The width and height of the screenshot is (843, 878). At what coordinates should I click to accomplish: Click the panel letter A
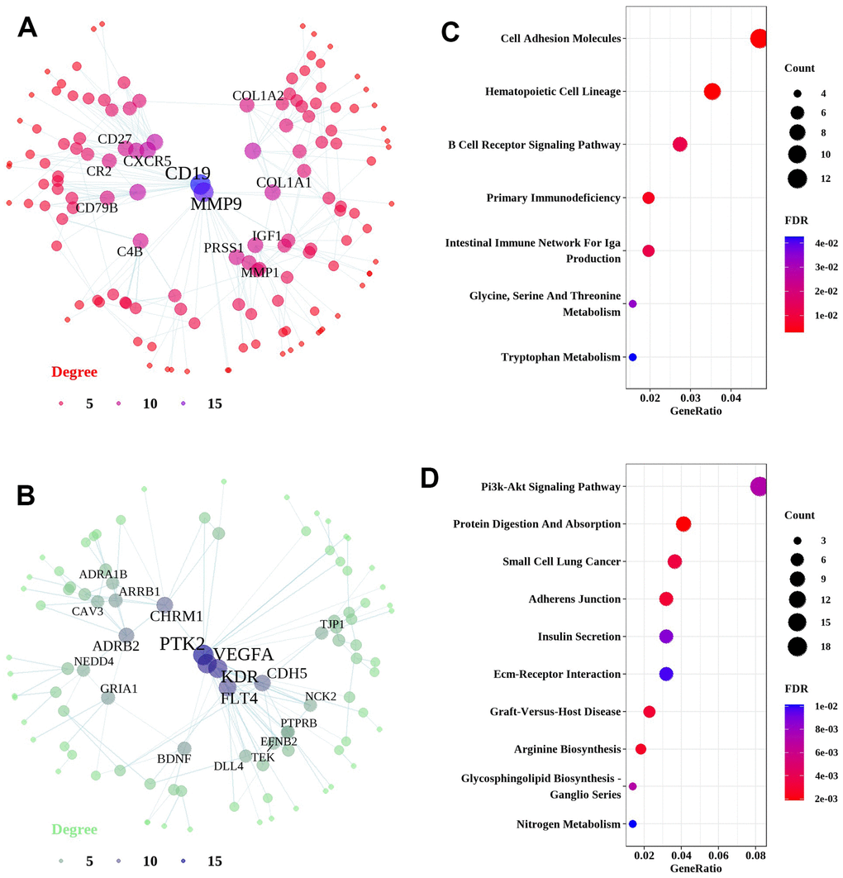[x=27, y=27]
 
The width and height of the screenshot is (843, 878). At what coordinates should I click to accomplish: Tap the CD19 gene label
[x=188, y=174]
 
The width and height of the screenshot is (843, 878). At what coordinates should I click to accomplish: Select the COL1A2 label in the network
[x=258, y=97]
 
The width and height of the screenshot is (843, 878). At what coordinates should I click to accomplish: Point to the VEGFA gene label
[x=244, y=655]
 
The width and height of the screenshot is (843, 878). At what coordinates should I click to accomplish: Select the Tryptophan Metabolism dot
[x=632, y=357]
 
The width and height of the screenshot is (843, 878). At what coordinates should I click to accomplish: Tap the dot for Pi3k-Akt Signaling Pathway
[x=759, y=487]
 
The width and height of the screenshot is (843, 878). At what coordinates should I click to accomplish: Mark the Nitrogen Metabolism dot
[x=632, y=823]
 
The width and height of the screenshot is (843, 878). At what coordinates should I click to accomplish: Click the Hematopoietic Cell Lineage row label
[x=553, y=92]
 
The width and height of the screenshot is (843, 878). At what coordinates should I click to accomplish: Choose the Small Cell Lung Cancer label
[x=561, y=561]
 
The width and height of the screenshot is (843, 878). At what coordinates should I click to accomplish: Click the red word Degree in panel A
[x=74, y=372]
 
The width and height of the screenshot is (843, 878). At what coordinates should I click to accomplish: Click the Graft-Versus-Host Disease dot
[x=649, y=712]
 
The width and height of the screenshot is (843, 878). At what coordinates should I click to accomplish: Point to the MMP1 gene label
[x=260, y=272]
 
